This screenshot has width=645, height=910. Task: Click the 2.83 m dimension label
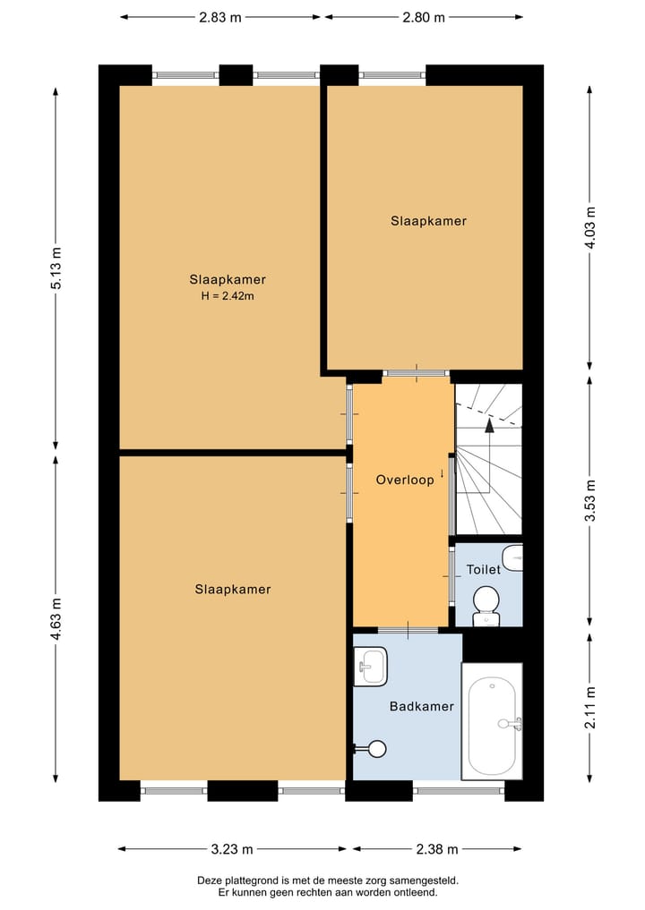220,17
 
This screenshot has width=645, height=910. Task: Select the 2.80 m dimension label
424,17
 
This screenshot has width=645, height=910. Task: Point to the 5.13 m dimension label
56,268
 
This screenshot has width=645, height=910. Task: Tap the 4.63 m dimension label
56,618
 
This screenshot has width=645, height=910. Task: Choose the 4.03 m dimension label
589,227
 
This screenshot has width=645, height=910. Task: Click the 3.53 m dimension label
589,500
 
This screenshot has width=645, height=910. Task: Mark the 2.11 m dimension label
589,708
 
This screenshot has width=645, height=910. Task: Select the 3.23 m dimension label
232,850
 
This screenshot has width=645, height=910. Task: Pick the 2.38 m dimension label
437,850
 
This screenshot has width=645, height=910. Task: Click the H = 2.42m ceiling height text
228,296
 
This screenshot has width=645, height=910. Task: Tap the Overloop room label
405,480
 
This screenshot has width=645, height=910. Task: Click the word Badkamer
422,706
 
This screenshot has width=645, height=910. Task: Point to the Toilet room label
484,569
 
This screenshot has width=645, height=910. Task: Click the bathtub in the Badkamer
492,721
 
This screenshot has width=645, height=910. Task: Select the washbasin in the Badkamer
370,667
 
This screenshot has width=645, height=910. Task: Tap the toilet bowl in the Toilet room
486,606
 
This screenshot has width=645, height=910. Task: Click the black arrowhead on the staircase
489,426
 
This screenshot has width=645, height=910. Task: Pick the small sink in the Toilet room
512,558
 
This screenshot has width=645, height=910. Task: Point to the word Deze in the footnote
209,881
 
